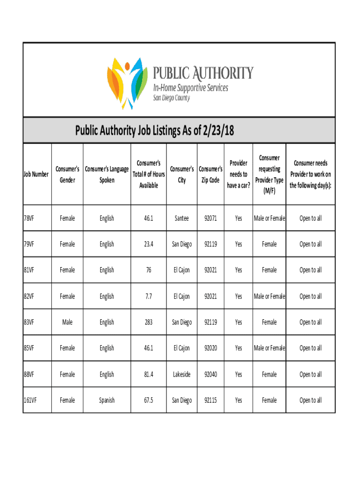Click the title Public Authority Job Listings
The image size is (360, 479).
[x=154, y=131]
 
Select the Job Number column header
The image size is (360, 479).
[x=36, y=174]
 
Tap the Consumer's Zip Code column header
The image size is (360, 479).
[x=210, y=174]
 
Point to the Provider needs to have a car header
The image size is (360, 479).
[x=238, y=174]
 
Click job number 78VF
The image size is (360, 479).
[x=29, y=218]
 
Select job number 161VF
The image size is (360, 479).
[x=30, y=400]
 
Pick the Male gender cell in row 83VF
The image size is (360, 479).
[x=67, y=322]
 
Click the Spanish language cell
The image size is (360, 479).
[x=107, y=400]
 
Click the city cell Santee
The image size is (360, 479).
[x=181, y=218]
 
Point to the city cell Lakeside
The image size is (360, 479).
[x=181, y=374]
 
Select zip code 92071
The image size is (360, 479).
[x=210, y=218]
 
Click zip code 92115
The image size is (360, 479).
[x=210, y=400]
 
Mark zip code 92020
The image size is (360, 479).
[x=210, y=348]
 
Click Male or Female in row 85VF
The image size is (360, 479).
[x=269, y=348]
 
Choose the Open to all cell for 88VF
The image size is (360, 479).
[x=310, y=374]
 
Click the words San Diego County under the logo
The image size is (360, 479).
[x=172, y=98]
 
